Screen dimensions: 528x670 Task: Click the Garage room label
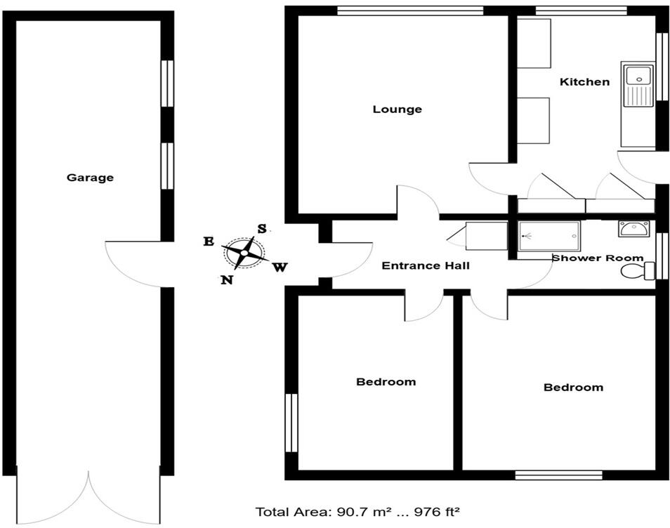(90, 178)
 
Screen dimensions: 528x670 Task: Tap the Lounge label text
(397, 109)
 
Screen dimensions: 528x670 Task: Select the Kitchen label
(584, 81)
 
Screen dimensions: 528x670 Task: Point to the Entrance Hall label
(425, 266)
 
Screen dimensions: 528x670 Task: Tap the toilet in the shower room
(636, 271)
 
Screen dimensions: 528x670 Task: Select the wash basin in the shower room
(635, 228)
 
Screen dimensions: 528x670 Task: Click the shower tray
(549, 236)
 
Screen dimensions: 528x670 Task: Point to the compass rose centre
(244, 253)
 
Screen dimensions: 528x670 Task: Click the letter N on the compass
(227, 279)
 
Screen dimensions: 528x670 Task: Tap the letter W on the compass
(280, 267)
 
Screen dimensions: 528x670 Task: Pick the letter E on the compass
(209, 242)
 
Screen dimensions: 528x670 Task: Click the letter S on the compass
(261, 228)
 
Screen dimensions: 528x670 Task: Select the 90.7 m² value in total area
(341, 512)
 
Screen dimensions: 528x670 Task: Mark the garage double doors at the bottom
(88, 499)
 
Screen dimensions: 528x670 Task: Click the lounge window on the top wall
(409, 10)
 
